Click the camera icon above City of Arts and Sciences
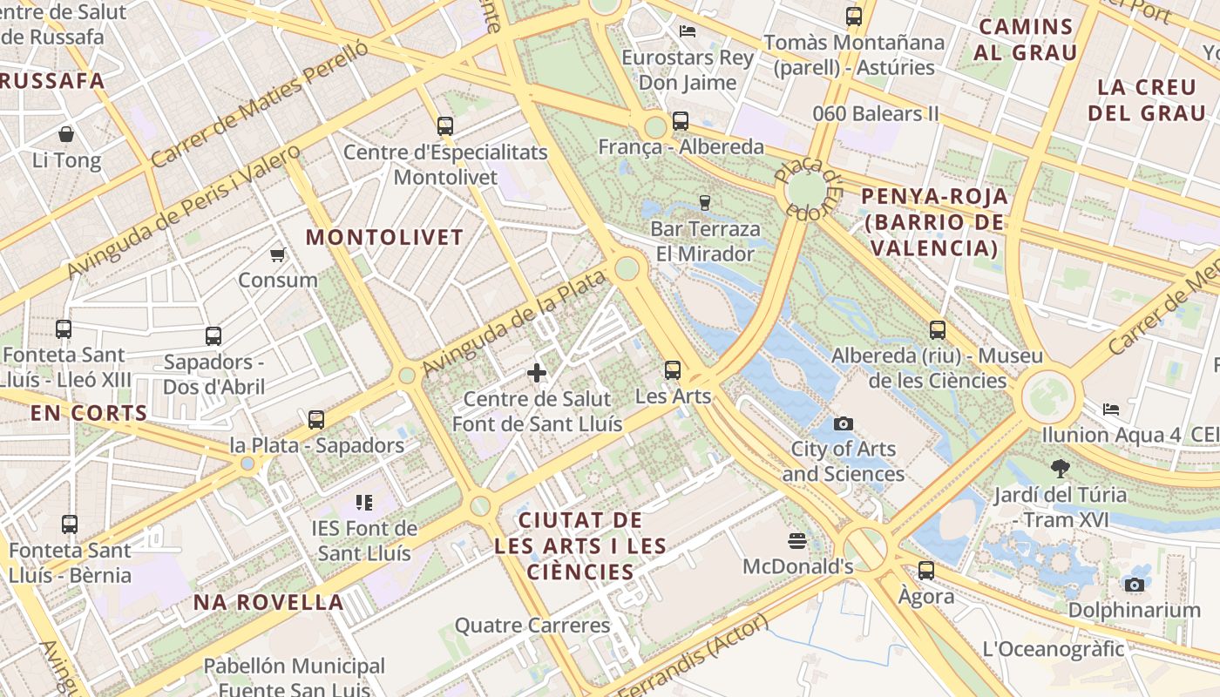point(843,423)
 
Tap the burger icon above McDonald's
point(796,541)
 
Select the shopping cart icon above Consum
point(278,254)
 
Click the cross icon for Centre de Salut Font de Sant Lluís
point(537,373)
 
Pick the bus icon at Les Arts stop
point(673,369)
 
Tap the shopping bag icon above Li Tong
point(66,134)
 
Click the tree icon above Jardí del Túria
point(1060,469)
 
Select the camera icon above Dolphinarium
point(1134,585)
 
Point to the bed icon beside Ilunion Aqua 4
point(1111,409)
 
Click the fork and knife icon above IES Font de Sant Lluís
point(364,502)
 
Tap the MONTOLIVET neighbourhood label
point(384,237)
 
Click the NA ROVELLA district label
point(268,602)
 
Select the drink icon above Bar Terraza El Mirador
point(705,203)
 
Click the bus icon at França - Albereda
point(681,121)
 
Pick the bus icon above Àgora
point(926,571)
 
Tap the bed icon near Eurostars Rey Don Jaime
point(688,31)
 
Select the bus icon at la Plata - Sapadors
point(316,420)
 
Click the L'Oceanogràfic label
point(1053,649)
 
